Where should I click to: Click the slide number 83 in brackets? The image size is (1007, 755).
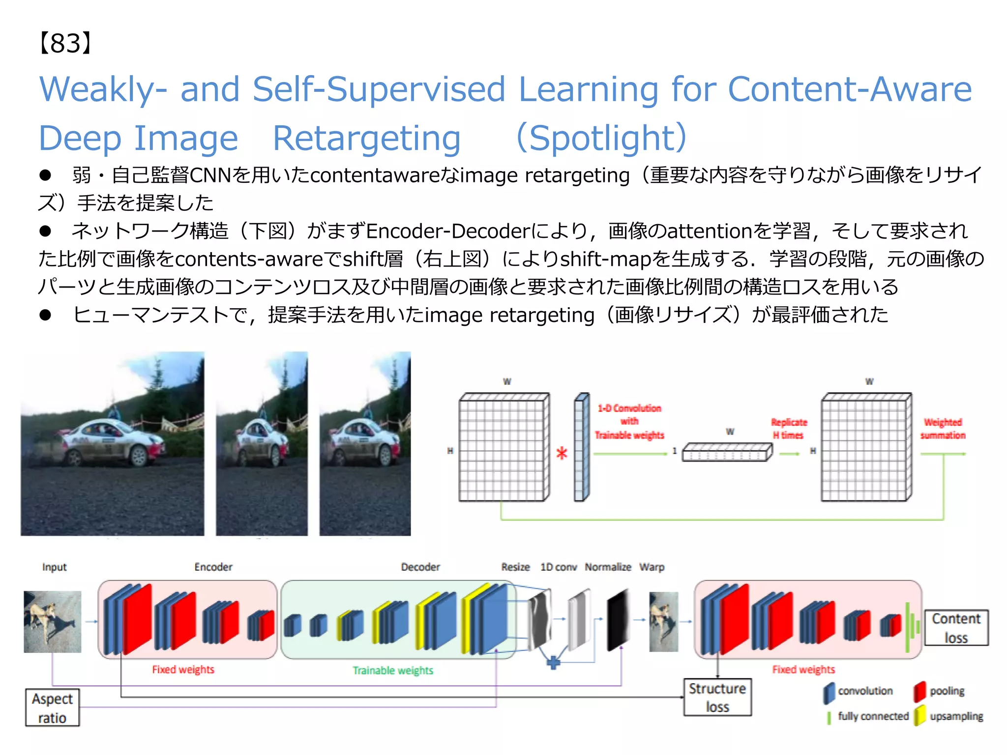65,43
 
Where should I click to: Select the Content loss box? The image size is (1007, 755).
956,628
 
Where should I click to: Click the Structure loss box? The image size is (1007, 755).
717,697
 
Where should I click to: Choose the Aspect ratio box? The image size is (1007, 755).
52,708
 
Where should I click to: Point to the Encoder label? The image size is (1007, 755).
213,567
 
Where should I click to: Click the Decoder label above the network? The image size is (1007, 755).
420,567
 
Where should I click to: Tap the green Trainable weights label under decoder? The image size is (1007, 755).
393,670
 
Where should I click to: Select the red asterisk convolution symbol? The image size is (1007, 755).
562,453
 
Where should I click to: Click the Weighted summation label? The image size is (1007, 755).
943,429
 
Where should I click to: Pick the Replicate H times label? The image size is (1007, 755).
789,429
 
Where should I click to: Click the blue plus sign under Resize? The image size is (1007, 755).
554,662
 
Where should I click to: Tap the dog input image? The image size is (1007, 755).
53,622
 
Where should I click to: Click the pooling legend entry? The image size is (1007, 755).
947,691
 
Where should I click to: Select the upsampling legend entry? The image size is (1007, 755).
956,716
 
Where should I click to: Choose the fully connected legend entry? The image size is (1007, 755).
873,716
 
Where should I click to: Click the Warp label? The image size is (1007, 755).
652,567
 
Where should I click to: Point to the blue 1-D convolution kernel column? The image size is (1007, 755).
581,447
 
